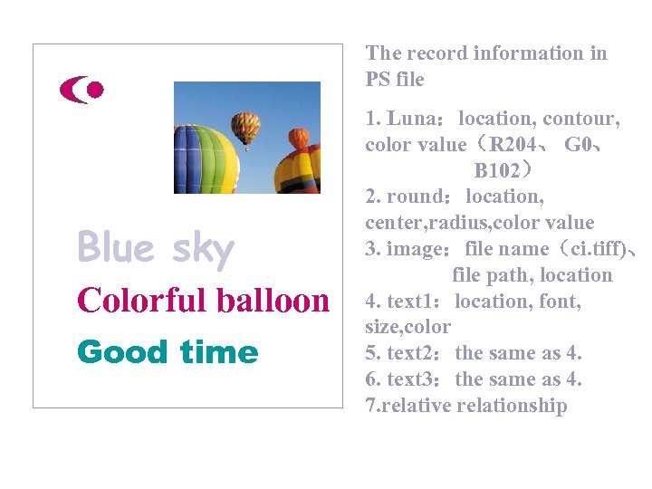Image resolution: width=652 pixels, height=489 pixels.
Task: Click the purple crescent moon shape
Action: click(x=72, y=90)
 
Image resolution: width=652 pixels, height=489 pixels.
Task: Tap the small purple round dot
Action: click(x=94, y=90)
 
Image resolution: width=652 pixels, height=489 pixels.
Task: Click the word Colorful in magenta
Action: click(x=136, y=300)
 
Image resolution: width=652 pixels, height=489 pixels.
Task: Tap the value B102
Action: click(x=497, y=170)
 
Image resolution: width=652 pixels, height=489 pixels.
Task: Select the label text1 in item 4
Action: click(x=409, y=301)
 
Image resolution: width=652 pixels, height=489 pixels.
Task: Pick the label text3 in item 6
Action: click(x=409, y=379)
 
